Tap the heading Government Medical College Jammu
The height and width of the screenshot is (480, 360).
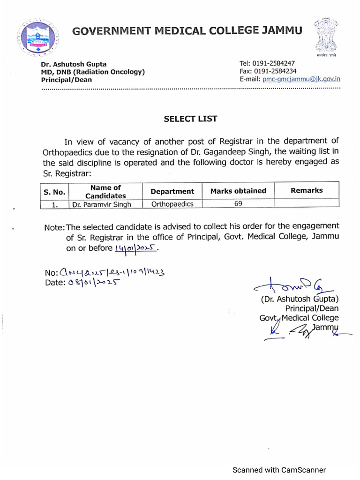[187, 31]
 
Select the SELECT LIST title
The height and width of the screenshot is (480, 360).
[190, 119]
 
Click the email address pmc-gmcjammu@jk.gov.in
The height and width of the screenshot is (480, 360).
[301, 79]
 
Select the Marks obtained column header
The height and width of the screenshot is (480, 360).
[238, 191]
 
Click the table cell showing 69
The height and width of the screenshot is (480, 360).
[238, 204]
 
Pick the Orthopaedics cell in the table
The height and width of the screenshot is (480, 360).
[172, 204]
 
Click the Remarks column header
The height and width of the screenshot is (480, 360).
[307, 190]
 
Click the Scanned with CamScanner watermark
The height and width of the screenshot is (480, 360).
[279, 470]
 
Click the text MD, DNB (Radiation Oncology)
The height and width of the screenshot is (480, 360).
[92, 72]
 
